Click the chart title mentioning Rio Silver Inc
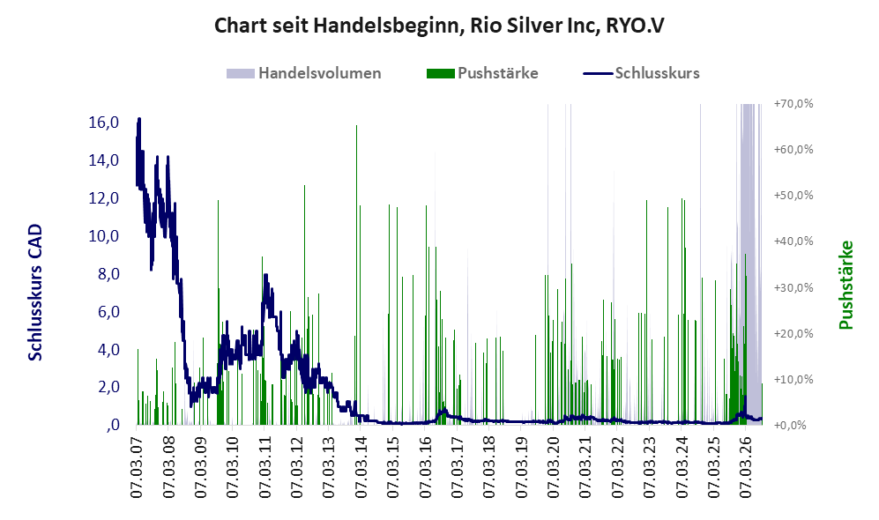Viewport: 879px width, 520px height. click(439, 26)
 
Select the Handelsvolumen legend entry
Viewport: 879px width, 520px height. click(303, 73)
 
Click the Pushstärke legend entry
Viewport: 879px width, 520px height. click(482, 73)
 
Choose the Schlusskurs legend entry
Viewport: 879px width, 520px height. click(641, 73)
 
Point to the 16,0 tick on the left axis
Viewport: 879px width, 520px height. click(104, 123)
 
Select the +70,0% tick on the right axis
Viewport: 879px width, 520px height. click(793, 104)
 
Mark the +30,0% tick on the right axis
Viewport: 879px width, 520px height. click(793, 287)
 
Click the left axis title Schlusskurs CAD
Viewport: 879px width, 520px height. click(35, 293)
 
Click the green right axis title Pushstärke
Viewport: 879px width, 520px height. click(845, 286)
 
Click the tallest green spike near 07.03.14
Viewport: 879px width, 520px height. click(356, 275)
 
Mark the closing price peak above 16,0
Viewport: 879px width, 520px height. click(139, 119)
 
